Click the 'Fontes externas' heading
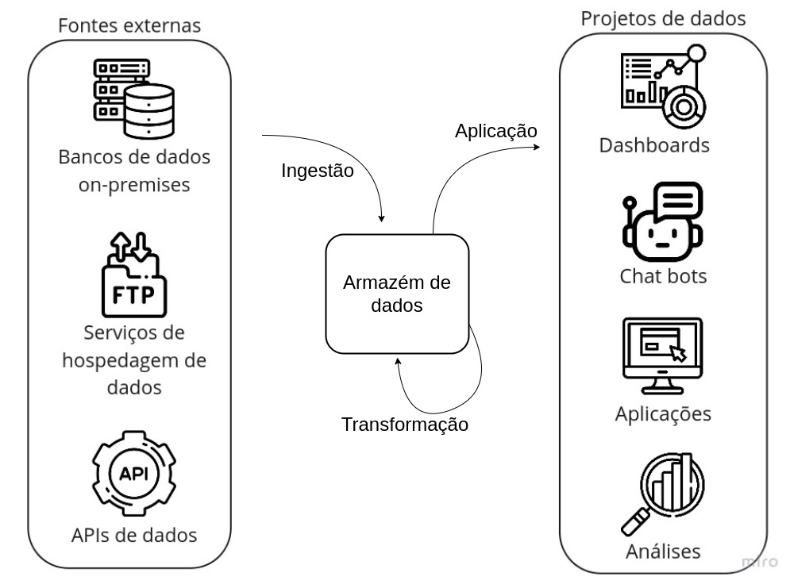point(129,25)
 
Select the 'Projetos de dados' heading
point(663,19)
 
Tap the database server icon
point(133,99)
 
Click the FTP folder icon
point(134,273)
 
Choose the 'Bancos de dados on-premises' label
point(134,171)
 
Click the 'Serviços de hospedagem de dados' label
point(133,360)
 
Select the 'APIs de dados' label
point(133,534)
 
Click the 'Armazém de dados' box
point(397,294)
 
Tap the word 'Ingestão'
point(318,171)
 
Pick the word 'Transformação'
point(404,425)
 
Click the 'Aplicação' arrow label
point(496,130)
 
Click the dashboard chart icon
point(662,83)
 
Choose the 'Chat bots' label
point(663,276)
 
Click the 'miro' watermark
point(760,562)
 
